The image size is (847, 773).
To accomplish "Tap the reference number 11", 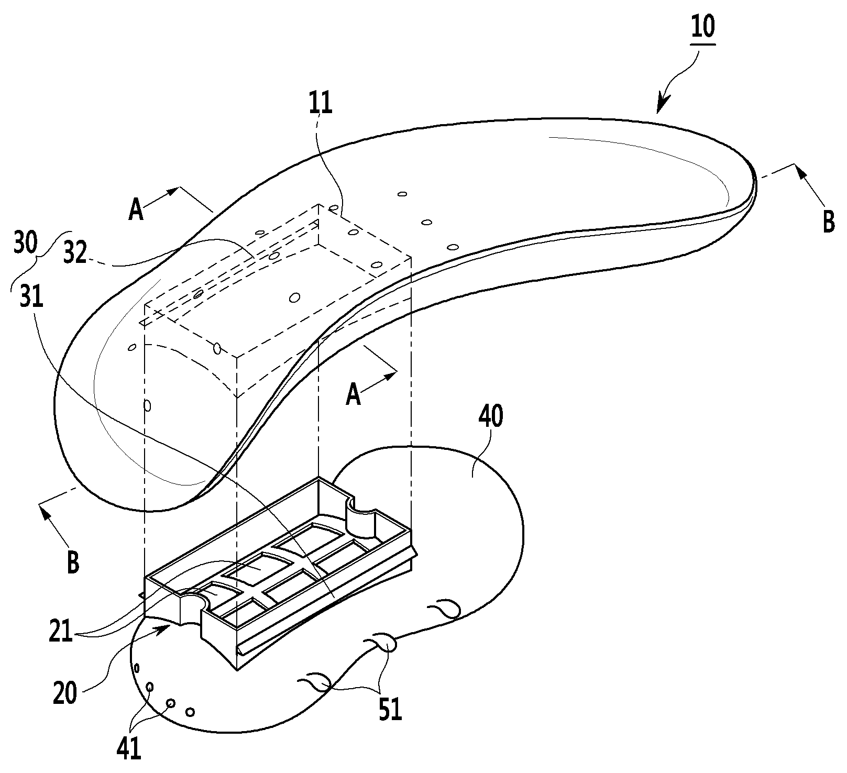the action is pyautogui.click(x=321, y=103).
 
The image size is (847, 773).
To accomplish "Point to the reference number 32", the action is pyautogui.click(x=74, y=253).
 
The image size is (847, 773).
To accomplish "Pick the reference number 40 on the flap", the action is pyautogui.click(x=491, y=417).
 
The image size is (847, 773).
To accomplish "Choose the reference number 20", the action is pyautogui.click(x=65, y=693).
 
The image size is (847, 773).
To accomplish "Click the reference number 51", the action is pyautogui.click(x=390, y=710).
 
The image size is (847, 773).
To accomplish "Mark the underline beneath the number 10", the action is pyautogui.click(x=703, y=43).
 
